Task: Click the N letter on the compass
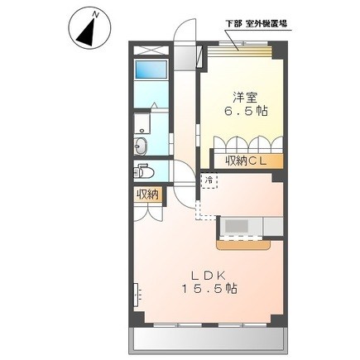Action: [96, 15]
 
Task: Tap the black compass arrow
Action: [88, 32]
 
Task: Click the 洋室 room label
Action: [245, 98]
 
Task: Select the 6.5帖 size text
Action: [246, 111]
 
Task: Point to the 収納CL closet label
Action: [247, 161]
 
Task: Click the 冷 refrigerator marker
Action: [209, 180]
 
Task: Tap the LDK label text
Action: [209, 275]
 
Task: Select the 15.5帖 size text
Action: [209, 289]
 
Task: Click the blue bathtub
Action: [151, 70]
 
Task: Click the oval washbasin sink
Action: [141, 146]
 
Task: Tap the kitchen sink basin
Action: [234, 227]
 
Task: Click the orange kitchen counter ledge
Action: [243, 245]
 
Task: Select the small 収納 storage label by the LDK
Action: [148, 194]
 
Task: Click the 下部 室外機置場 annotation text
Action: [256, 24]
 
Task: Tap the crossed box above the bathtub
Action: [151, 50]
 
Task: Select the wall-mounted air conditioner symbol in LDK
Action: [137, 295]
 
